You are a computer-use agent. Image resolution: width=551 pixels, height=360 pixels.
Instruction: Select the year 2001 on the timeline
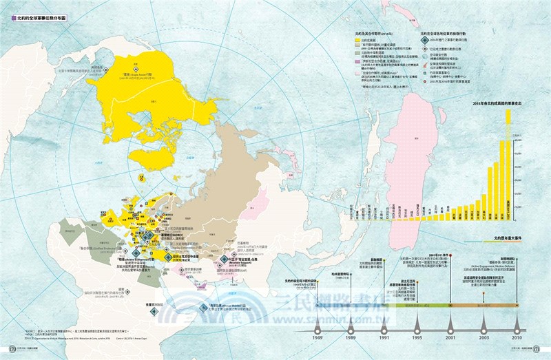(450, 339)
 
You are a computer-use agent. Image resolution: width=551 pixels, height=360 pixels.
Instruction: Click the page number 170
(11, 348)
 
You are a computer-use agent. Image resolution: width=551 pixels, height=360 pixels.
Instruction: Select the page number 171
(539, 348)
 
